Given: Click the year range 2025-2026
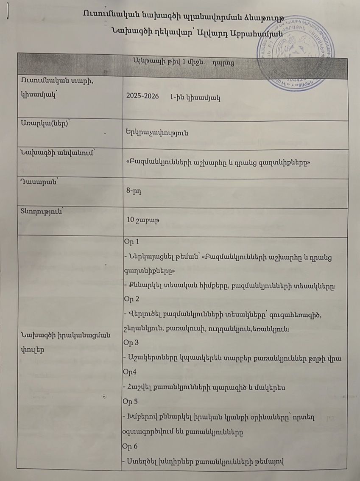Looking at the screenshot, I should [142, 96].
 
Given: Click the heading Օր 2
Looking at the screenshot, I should [131, 299].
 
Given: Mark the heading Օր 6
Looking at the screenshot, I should [131, 446].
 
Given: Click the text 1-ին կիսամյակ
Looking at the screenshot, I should [193, 96].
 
